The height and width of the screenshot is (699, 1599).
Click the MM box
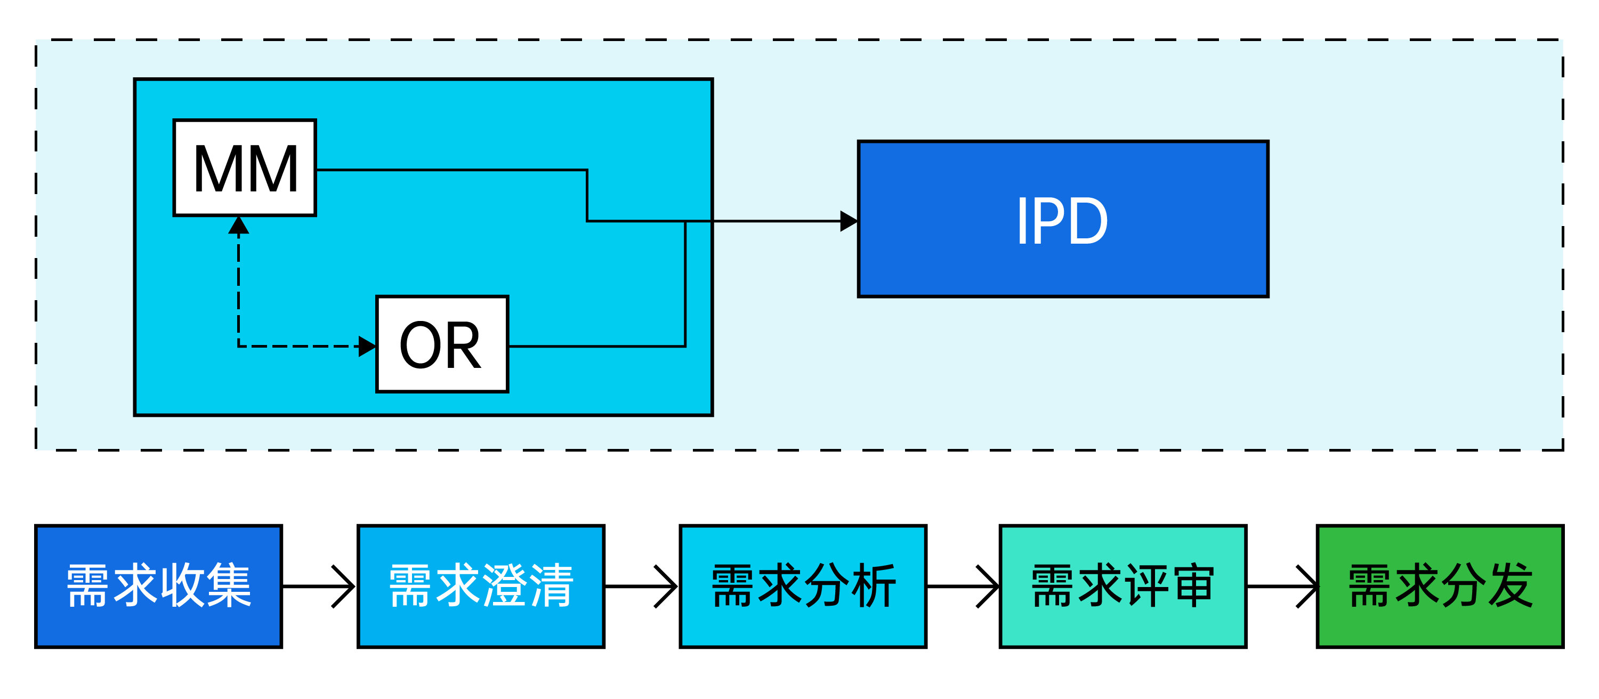point(245,167)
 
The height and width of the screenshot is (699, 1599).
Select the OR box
point(442,344)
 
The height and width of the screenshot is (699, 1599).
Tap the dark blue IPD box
point(1063,219)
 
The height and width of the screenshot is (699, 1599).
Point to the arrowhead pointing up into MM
point(238,226)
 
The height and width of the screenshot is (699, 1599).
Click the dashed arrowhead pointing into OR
point(367,347)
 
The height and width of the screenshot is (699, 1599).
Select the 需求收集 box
point(159,586)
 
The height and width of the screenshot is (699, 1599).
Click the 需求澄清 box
point(481,586)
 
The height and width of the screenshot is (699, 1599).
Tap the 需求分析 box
point(803,586)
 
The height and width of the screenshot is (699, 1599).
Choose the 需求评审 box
point(1122,586)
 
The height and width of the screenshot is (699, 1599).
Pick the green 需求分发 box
point(1440,586)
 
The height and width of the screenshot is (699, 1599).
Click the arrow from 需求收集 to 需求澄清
point(320,586)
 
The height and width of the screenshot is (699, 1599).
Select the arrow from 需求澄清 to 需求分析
point(642,586)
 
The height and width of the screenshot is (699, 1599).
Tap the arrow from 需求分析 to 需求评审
point(963,586)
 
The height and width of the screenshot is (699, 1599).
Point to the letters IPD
point(1063,221)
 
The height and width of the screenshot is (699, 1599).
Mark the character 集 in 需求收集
point(229,585)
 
